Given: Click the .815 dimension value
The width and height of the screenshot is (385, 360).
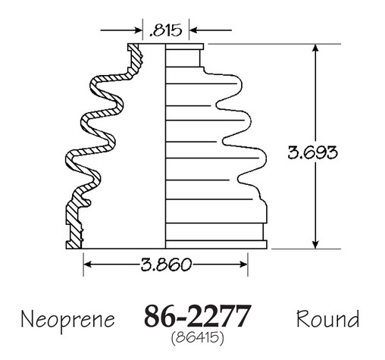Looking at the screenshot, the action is [x=165, y=30].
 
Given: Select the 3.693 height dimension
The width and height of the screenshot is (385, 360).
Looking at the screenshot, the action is [x=312, y=152].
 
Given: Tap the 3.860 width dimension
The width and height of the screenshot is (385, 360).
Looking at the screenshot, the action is [x=166, y=265].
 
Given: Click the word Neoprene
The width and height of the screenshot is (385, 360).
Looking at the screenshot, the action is [x=67, y=320].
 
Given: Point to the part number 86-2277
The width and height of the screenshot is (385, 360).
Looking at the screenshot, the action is [x=198, y=316].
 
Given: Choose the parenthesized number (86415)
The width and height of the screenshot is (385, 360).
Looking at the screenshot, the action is [x=197, y=337].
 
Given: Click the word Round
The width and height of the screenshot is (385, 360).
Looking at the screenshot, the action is [x=327, y=319].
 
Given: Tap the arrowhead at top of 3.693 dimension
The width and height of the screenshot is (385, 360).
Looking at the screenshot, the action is [x=315, y=48].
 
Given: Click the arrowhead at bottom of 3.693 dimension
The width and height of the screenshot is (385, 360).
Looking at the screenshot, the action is [x=315, y=245].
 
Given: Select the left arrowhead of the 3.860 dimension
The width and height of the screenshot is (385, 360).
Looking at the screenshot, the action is [x=87, y=265].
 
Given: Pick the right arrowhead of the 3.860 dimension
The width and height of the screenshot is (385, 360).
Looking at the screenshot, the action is [x=244, y=265].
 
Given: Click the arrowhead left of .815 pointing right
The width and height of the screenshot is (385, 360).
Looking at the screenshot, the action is [x=139, y=30].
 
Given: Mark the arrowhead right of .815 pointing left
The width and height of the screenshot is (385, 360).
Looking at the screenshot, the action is [x=193, y=30].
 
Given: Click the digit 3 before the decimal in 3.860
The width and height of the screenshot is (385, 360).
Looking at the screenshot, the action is [x=146, y=265].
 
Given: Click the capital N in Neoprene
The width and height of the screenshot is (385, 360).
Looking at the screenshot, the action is [x=27, y=319].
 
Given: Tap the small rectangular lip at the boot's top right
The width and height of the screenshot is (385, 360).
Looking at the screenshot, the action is [x=184, y=47].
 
